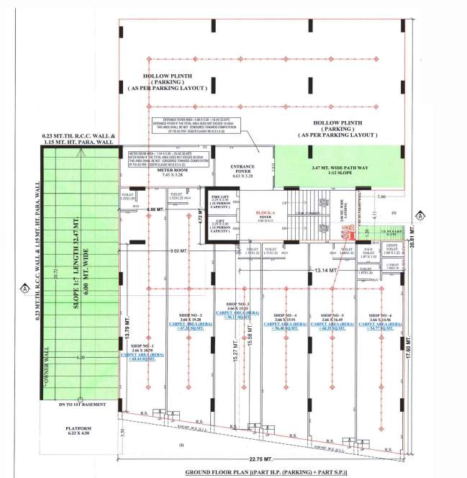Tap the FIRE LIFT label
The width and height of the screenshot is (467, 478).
click(x=219, y=197)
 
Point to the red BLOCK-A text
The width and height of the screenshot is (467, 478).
click(x=266, y=214)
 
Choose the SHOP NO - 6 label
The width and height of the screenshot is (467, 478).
click(x=381, y=317)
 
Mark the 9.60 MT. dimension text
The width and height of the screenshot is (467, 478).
click(x=179, y=252)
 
